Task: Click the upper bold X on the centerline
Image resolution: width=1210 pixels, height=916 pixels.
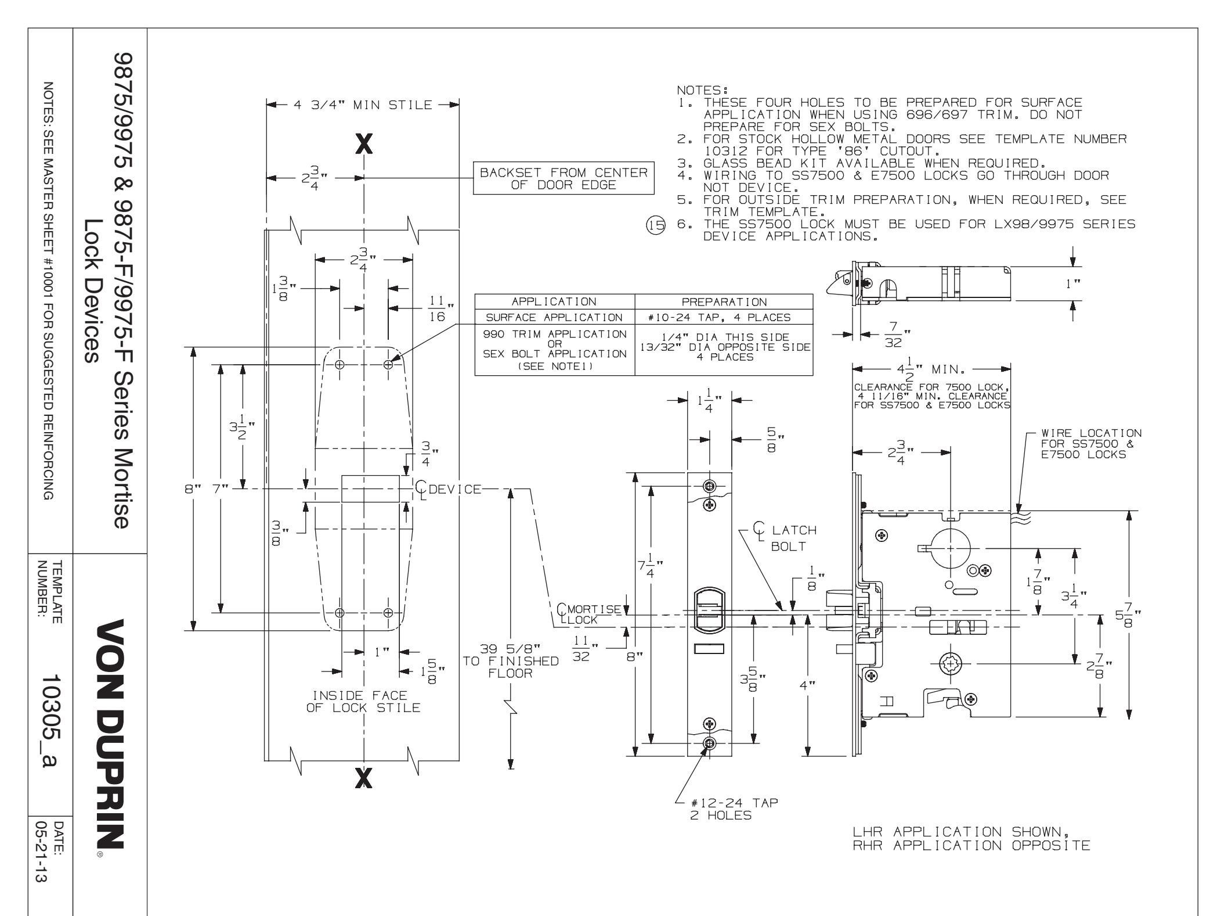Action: (x=364, y=143)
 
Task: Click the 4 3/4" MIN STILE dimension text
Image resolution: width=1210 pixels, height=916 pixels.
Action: (x=362, y=105)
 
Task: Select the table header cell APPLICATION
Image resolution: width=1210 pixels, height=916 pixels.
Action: (x=554, y=302)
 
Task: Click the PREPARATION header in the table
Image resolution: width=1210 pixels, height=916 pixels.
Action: (x=724, y=302)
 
